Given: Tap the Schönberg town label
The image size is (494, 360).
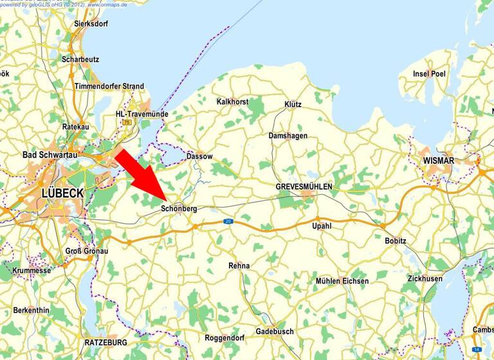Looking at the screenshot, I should (x=179, y=209).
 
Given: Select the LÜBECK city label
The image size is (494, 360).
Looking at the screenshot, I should (x=62, y=194).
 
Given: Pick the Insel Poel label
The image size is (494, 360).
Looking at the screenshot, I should (x=429, y=74).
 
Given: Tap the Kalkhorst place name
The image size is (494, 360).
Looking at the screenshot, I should (x=233, y=102).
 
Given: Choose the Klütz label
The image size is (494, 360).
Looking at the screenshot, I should (x=293, y=104).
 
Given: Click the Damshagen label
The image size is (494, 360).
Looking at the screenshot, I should (x=288, y=136).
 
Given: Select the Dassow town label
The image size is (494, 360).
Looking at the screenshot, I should (x=199, y=156).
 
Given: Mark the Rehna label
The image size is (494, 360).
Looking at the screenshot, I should (x=239, y=265).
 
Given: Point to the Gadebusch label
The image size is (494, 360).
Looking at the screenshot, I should (x=275, y=332).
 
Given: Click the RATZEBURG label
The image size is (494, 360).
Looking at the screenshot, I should (x=105, y=343).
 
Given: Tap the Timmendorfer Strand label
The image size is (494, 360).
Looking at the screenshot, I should (x=109, y=86).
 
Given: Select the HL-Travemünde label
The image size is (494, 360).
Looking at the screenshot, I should (x=142, y=114).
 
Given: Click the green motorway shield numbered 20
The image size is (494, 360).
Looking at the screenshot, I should (x=228, y=221).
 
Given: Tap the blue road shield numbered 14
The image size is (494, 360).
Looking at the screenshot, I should (x=477, y=348).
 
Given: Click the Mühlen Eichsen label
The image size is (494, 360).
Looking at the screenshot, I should (x=342, y=282).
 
